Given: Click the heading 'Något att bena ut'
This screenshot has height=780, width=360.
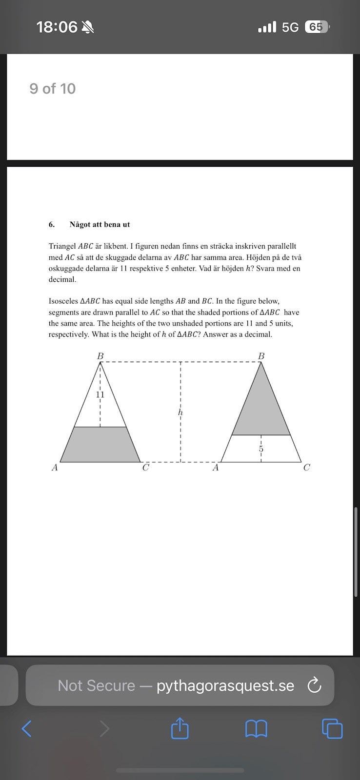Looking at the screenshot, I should [x=100, y=225].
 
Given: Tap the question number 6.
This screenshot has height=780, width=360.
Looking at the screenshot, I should [x=51, y=225].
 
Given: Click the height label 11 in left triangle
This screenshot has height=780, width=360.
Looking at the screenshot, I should [x=100, y=394].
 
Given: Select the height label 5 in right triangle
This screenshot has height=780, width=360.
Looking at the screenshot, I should [x=261, y=448].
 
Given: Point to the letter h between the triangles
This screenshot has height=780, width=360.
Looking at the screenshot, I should [x=180, y=412].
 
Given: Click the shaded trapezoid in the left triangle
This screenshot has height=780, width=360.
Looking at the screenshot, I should [x=100, y=445].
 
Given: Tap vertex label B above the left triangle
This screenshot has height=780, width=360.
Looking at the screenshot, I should [x=100, y=356].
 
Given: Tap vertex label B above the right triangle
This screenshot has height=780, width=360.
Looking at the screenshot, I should [x=261, y=356].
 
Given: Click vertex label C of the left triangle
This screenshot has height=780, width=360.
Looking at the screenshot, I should [x=145, y=468].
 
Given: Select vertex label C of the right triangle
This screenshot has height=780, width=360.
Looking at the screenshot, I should [x=306, y=468].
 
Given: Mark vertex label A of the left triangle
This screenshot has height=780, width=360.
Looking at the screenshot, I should [x=55, y=468].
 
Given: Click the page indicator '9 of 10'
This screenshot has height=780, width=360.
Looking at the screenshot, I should [x=53, y=89].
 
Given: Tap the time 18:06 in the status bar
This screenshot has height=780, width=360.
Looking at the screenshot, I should [x=57, y=27].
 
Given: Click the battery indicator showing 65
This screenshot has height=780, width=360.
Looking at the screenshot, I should [x=316, y=27].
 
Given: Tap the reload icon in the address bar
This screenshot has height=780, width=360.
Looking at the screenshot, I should [x=315, y=685].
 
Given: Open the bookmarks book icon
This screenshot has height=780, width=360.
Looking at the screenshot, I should [x=256, y=729].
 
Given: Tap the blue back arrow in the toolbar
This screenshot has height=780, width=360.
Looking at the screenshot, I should [x=27, y=729].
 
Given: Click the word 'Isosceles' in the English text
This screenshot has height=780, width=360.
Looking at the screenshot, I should [x=63, y=301].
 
